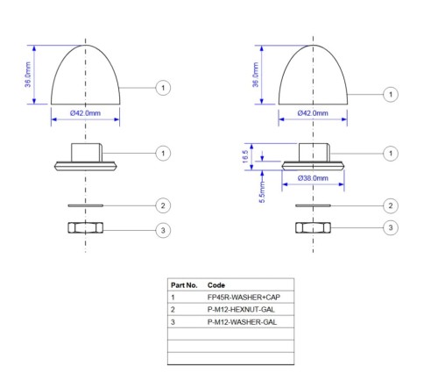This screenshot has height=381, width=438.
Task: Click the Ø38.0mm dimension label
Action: click(x=313, y=178)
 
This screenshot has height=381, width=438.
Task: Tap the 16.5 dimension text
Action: click(x=245, y=156)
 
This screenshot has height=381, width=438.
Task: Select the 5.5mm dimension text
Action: click(x=262, y=192)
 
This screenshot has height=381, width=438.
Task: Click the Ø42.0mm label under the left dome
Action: click(x=85, y=113)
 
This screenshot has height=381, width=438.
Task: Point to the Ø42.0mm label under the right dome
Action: click(x=313, y=113)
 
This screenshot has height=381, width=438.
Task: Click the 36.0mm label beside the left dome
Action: click(x=28, y=75)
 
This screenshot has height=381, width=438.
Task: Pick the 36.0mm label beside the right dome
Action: click(x=256, y=75)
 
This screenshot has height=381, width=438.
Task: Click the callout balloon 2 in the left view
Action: click(x=163, y=205)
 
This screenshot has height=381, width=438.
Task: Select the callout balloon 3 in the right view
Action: click(x=391, y=227)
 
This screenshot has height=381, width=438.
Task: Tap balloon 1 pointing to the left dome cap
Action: click(x=163, y=88)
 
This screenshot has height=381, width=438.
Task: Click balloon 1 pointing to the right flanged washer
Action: click(x=391, y=154)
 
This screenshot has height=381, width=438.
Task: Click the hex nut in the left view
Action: click(x=85, y=227)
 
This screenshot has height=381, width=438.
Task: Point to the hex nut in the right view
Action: click(x=313, y=227)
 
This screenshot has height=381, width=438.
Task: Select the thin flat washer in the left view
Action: click(x=85, y=205)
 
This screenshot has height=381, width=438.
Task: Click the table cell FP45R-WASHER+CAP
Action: click(x=244, y=298)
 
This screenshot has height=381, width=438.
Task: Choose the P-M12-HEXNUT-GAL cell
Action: click(x=241, y=310)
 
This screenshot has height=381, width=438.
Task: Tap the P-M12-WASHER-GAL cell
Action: click(x=242, y=322)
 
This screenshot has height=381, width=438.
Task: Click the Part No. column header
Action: click(x=184, y=285)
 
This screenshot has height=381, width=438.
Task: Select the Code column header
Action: click(x=216, y=285)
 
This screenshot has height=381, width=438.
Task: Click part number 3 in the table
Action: click(x=173, y=322)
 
